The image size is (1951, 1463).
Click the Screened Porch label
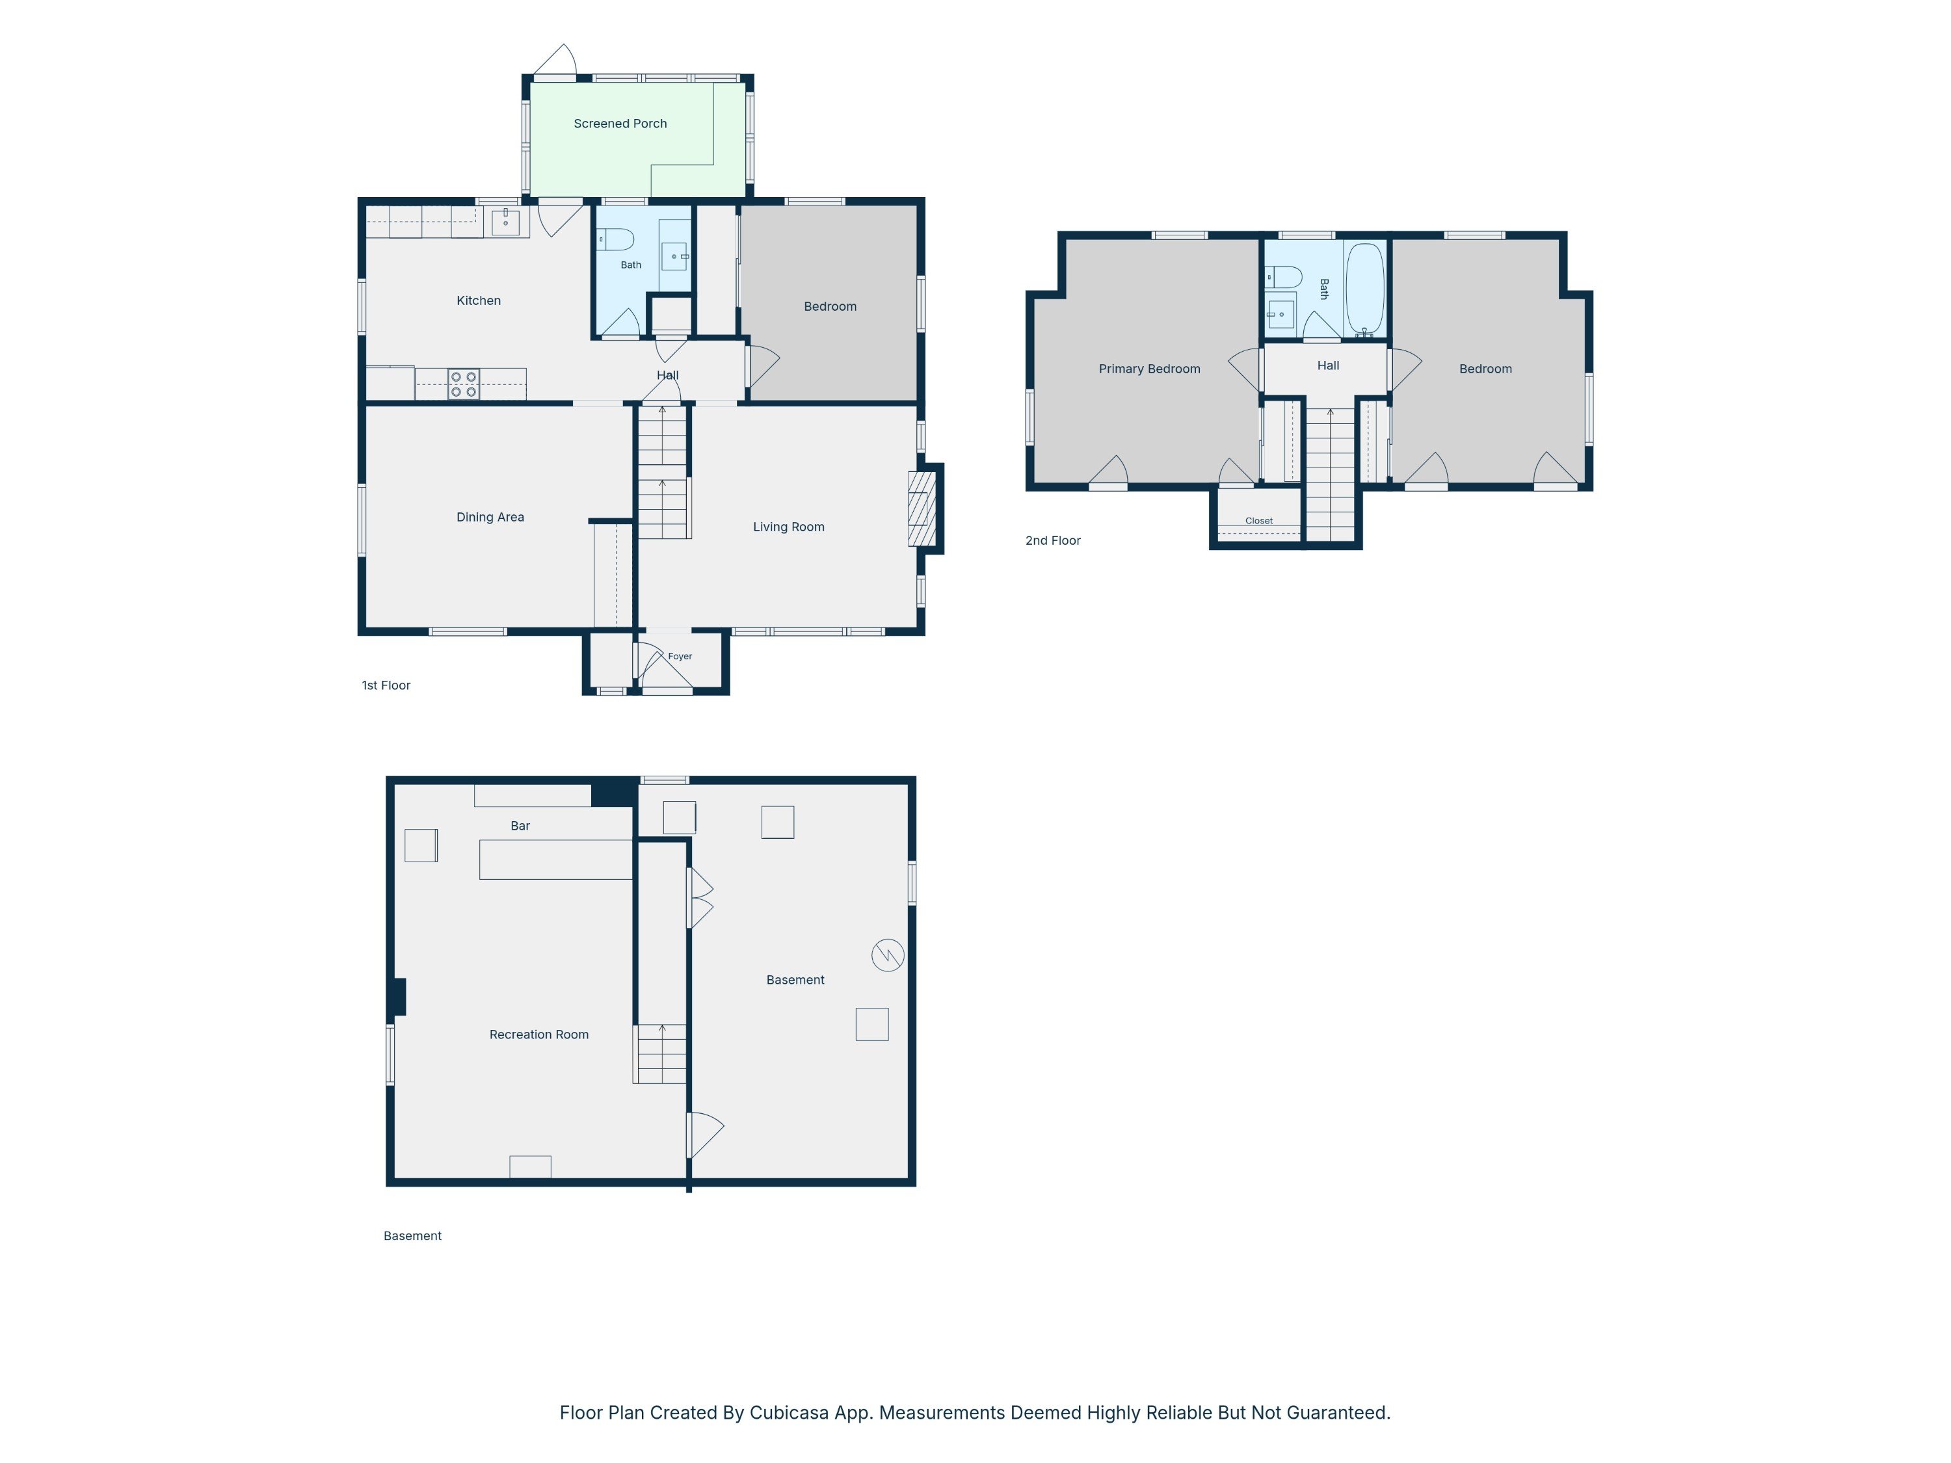(620, 124)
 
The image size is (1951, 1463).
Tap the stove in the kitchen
(464, 384)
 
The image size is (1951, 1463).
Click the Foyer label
(680, 656)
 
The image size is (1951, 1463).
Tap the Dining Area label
(490, 518)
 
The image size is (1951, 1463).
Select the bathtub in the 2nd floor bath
(1364, 287)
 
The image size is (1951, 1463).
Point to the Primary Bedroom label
(1149, 369)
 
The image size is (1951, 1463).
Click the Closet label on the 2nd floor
(1258, 520)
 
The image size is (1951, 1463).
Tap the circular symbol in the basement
(887, 955)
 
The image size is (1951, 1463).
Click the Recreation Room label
(539, 1035)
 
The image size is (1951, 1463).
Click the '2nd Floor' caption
(1053, 540)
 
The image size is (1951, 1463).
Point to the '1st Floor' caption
(386, 685)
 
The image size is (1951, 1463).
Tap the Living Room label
(788, 527)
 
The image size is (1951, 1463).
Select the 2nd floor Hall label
(1328, 365)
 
